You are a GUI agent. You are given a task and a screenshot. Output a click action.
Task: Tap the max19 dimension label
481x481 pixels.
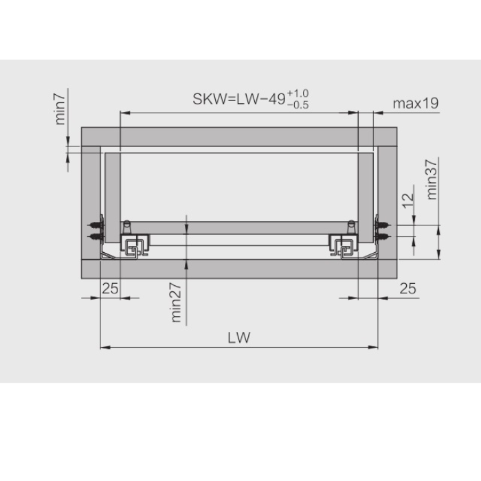416,103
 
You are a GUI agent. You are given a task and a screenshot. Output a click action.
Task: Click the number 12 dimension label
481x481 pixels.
407,200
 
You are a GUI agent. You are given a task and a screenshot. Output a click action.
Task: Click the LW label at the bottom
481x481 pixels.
240,337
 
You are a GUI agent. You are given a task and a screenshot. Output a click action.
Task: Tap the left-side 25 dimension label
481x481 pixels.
110,289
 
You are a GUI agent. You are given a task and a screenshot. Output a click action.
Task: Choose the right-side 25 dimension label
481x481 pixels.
407,289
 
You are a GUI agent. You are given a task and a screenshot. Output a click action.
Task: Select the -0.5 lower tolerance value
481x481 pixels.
299,104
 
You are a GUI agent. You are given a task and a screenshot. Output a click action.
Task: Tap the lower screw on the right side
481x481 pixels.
383,236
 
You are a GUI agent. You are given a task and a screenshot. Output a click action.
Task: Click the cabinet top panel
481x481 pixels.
240,136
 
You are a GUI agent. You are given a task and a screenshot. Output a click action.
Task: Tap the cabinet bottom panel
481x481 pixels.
240,268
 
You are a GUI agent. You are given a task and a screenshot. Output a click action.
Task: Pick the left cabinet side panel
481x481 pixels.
91,199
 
